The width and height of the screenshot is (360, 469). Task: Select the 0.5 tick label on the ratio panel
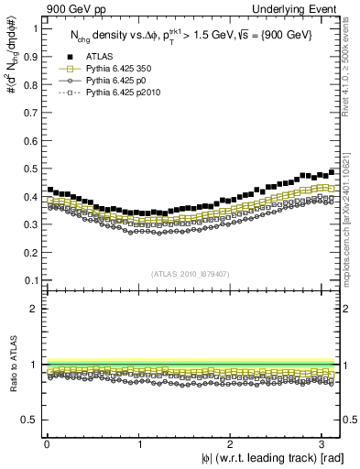pos(30,420)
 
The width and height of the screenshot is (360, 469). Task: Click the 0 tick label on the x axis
pos(47,443)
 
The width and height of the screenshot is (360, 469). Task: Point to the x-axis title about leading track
pos(259,458)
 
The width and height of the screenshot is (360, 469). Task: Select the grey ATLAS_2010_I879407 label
pos(190,273)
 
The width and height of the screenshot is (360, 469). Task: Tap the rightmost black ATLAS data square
pos(331,171)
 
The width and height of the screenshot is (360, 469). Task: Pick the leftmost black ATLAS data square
pos(50,190)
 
